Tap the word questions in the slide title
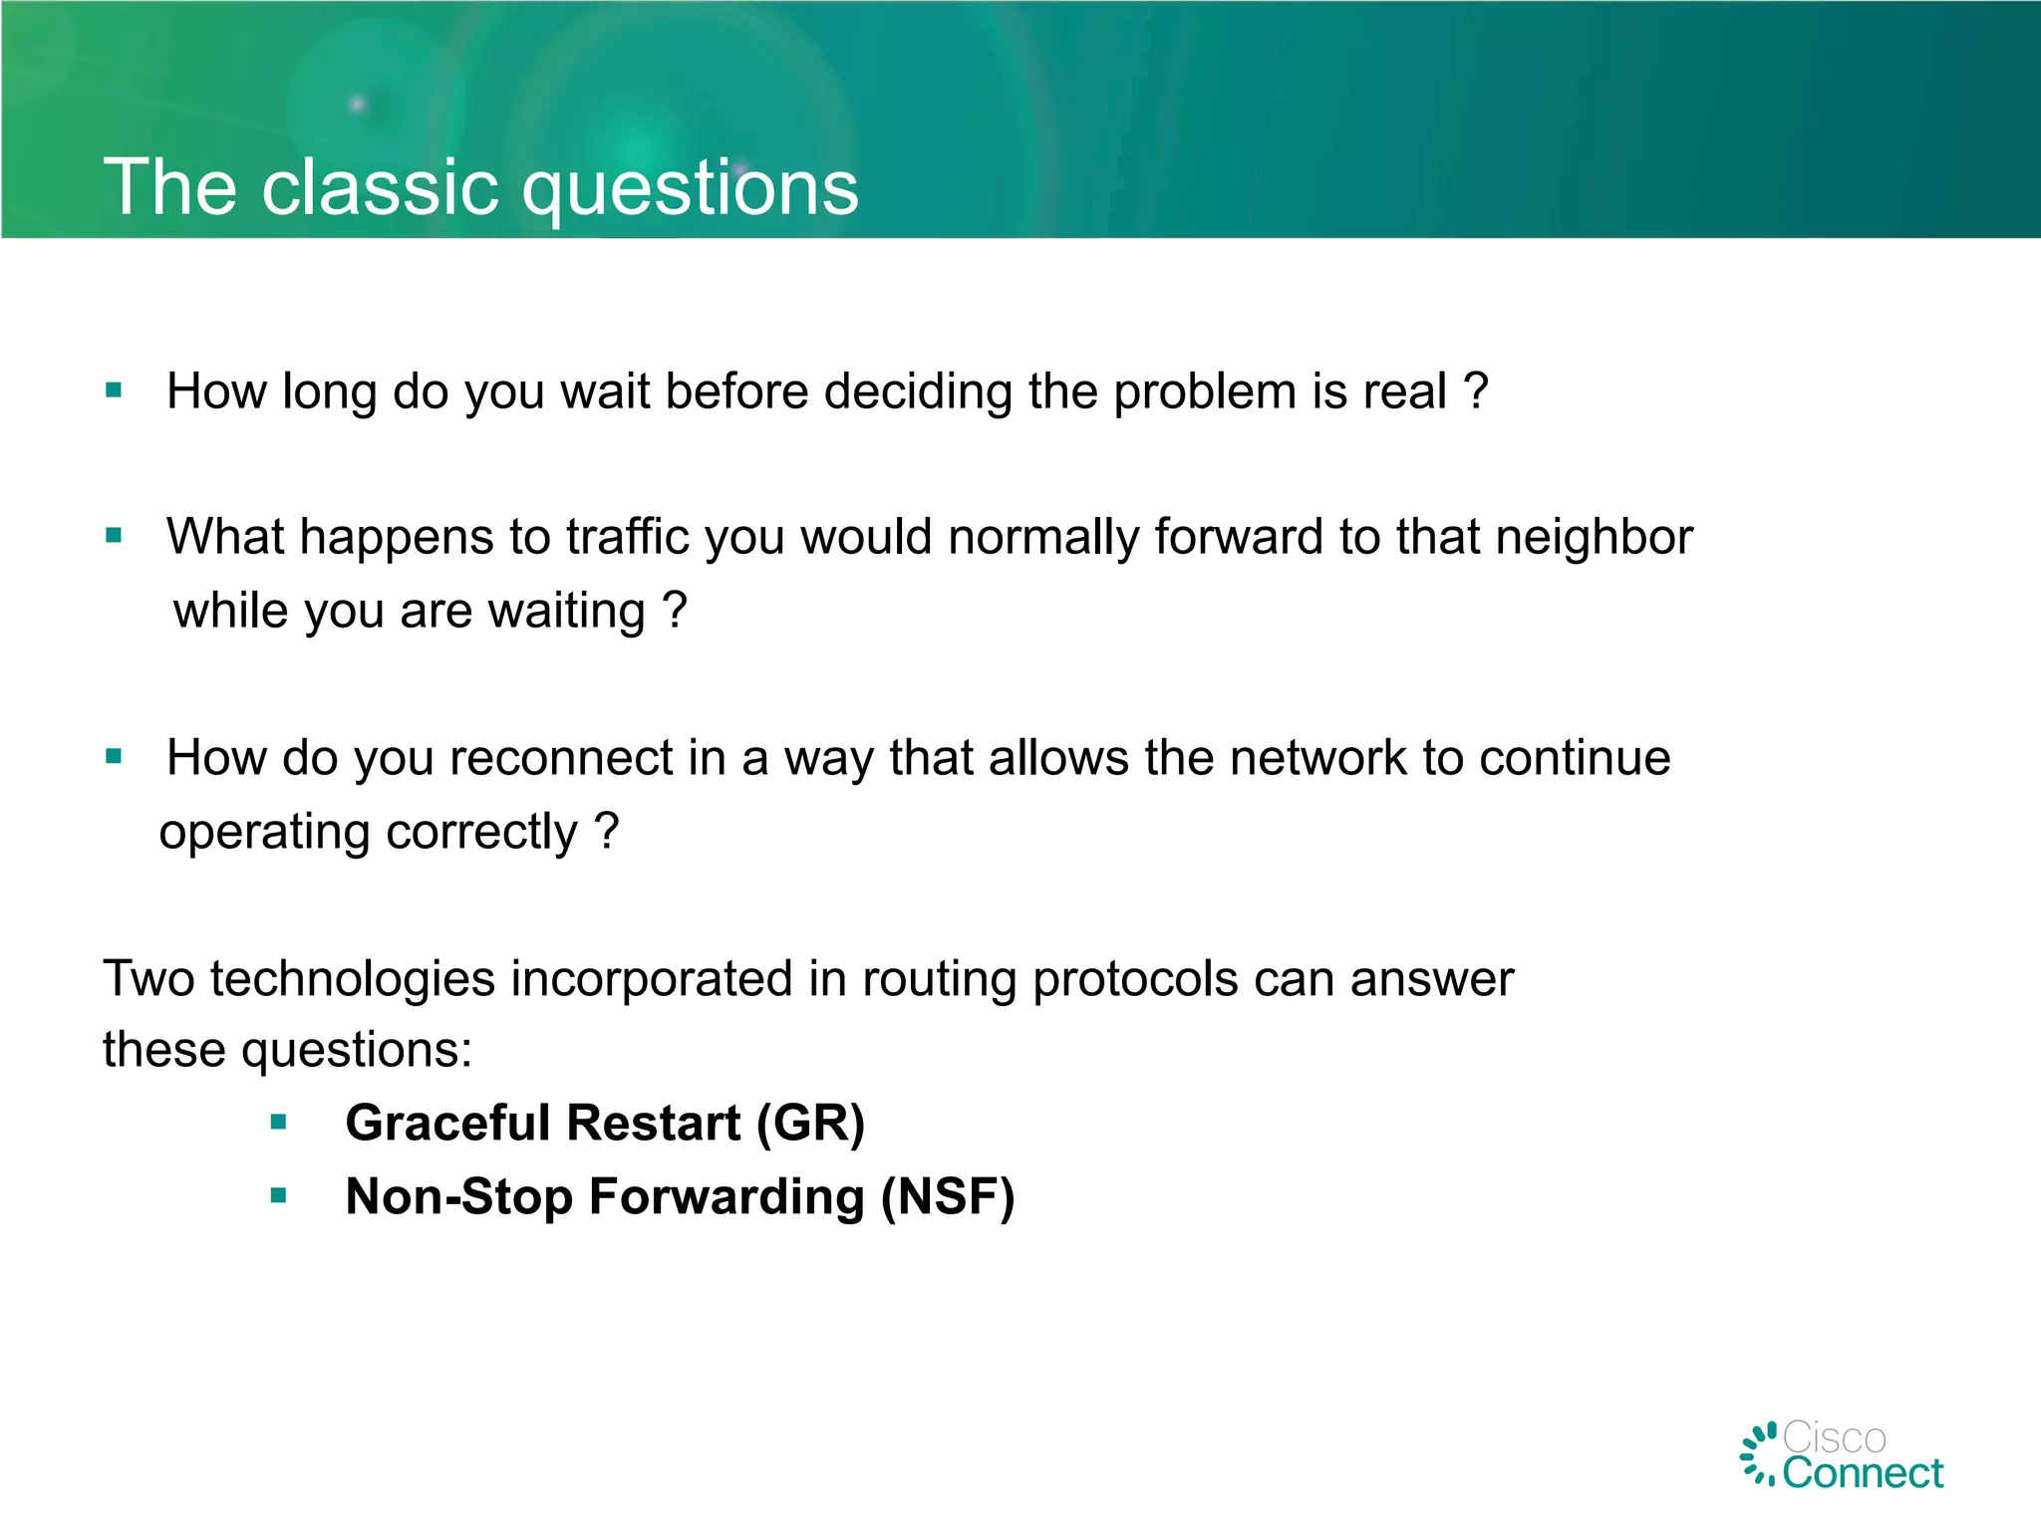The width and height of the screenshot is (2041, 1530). coord(690,189)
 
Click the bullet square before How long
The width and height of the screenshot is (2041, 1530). coord(114,390)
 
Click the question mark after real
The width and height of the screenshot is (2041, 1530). coord(1476,390)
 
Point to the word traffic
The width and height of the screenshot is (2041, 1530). coord(627,538)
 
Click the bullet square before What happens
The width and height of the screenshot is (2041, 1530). coord(114,536)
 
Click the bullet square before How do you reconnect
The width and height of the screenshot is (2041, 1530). coord(114,757)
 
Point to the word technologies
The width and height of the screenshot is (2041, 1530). coord(353,979)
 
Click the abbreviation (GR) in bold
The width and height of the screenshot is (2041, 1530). coord(810,1124)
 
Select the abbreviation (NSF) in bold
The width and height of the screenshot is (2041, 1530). coord(947,1197)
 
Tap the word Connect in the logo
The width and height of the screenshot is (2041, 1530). coord(1862,1473)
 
